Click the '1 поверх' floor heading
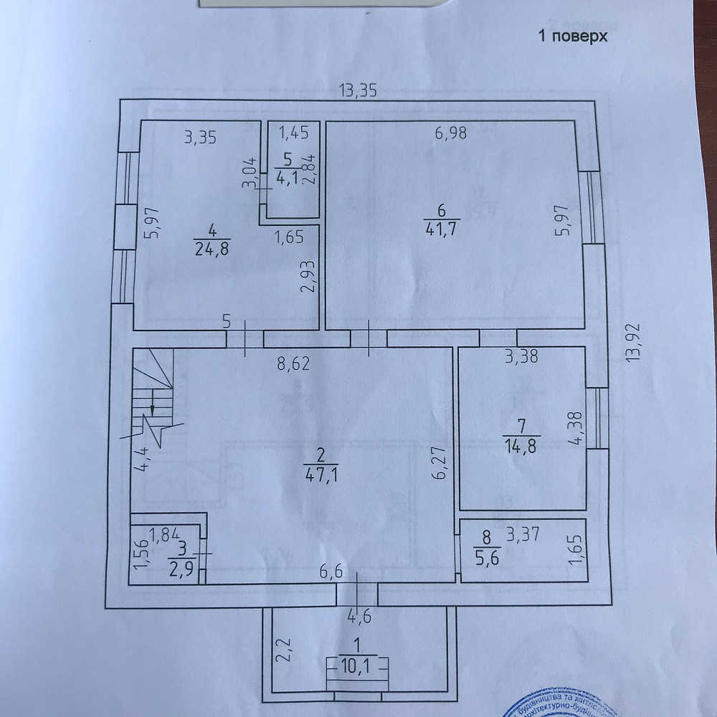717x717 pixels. click(573, 37)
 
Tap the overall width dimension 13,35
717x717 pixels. click(358, 90)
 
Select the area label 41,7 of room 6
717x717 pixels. click(442, 229)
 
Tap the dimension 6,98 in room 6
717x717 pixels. click(452, 133)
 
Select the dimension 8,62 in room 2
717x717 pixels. click(293, 364)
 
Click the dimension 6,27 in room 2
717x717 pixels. click(440, 462)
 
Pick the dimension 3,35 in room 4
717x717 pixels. click(200, 138)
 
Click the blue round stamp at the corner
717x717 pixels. click(552, 700)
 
